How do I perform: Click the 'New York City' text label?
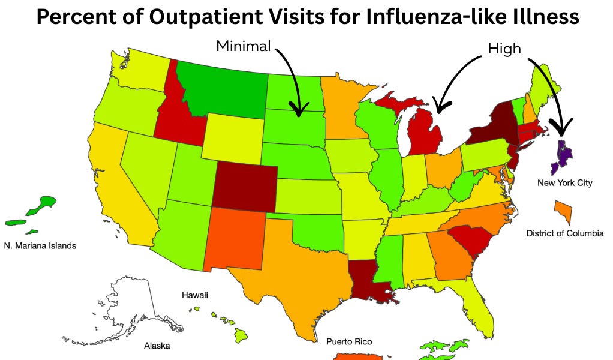point(564,182)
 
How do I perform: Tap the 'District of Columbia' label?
point(564,233)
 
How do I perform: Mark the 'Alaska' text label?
point(157,346)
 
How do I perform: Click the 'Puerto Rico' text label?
point(349,341)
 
